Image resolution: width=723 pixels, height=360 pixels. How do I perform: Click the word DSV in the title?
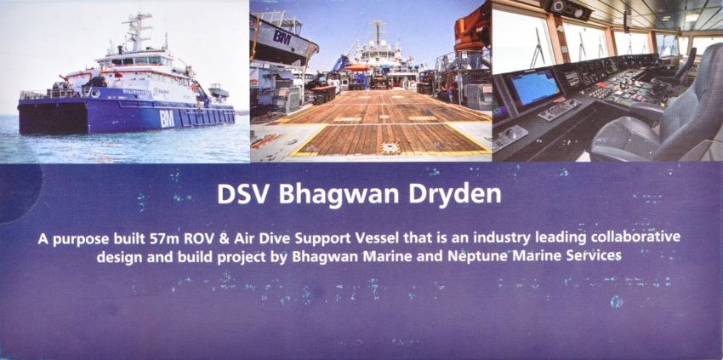click(243, 194)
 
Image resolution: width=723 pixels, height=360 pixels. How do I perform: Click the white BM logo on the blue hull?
click(167, 118)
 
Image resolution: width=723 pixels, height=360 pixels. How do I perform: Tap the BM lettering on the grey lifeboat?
click(282, 37)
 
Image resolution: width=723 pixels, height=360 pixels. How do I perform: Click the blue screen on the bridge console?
click(534, 87)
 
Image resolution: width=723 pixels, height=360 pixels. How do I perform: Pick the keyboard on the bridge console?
click(559, 110)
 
